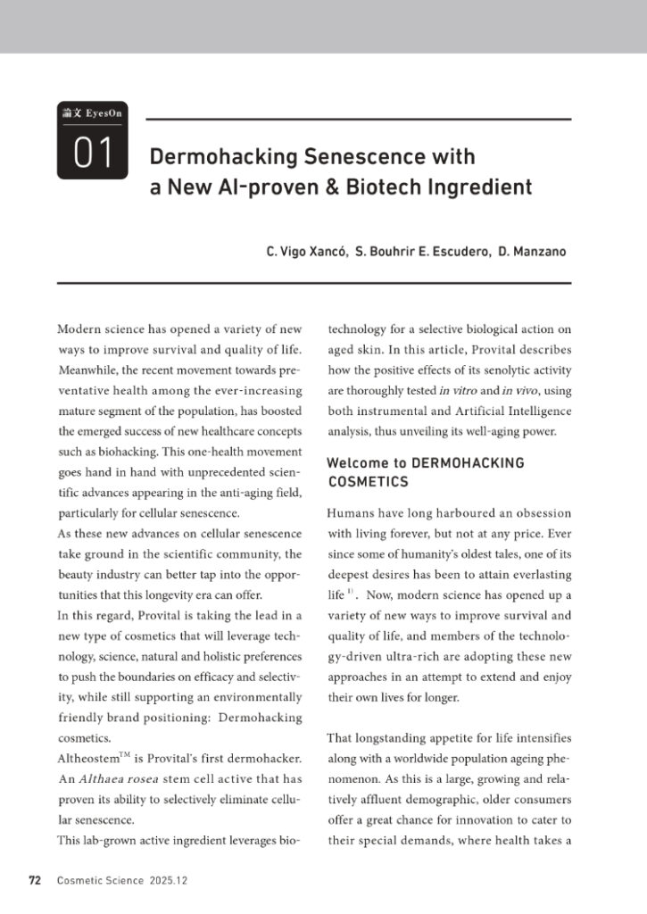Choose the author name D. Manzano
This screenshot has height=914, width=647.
click(x=532, y=252)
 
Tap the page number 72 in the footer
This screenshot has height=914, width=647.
click(x=35, y=880)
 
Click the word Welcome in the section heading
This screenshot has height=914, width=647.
click(x=359, y=463)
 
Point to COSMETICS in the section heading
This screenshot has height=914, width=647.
click(x=368, y=482)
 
